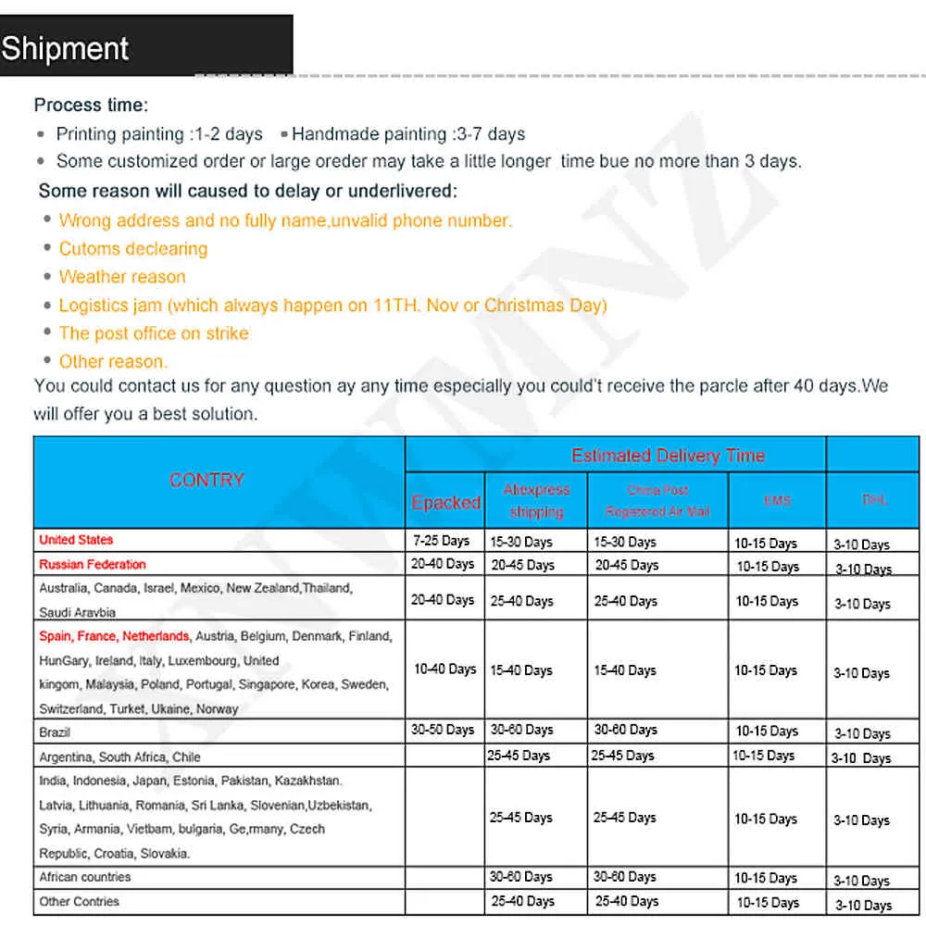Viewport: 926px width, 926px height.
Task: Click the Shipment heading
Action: tap(65, 48)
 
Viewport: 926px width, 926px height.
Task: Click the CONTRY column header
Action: tap(206, 480)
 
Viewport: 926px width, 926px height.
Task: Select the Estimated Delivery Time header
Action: tap(668, 455)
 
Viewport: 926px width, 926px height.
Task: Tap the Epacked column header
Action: tap(445, 502)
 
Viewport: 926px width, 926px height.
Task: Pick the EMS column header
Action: tap(777, 500)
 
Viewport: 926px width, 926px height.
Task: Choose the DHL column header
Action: tap(874, 500)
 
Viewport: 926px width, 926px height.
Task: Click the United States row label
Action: tap(76, 540)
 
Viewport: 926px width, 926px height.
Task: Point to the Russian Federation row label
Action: tap(93, 564)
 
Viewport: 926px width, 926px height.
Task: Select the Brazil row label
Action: tap(55, 732)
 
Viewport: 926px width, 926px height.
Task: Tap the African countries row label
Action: tap(85, 877)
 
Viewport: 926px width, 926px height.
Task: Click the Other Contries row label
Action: tap(79, 901)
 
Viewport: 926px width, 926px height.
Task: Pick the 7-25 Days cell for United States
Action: tap(441, 541)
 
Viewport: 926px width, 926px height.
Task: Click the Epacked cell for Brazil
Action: tap(443, 730)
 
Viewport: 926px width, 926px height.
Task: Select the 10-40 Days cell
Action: tap(444, 669)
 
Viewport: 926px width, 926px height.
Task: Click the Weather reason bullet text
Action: tap(122, 277)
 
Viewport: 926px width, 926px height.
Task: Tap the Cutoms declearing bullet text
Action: tap(133, 248)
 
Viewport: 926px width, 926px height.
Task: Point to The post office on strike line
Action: tap(154, 333)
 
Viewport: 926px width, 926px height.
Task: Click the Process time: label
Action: tap(91, 106)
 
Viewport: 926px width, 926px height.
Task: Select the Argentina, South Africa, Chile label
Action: tap(119, 757)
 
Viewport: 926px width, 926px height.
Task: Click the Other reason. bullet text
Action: tap(113, 361)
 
